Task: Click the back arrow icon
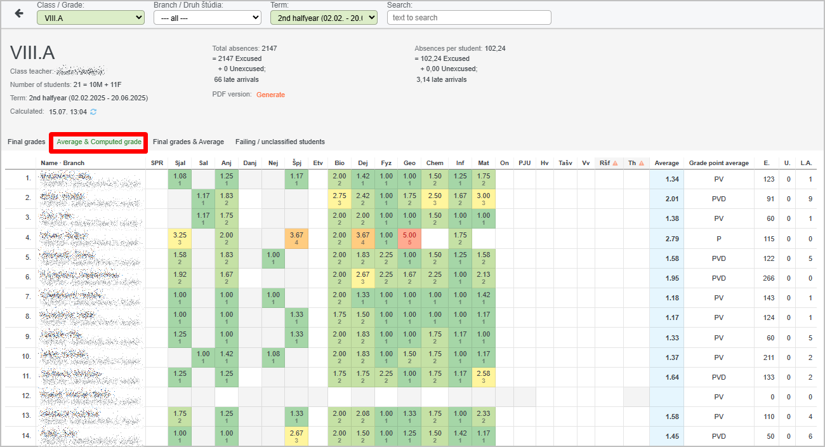19,13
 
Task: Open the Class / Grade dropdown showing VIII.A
91,18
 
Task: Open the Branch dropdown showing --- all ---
208,18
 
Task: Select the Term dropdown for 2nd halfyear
324,18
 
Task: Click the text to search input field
469,18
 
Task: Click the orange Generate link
270,95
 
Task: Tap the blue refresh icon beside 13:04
93,112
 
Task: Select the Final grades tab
27,142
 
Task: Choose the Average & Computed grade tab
99,142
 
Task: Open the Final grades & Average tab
188,142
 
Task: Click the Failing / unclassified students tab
280,142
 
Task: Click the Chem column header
435,163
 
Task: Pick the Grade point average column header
718,163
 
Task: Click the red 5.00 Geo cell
409,238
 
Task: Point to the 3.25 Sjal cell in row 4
180,238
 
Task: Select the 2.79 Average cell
667,239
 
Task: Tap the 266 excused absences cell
769,278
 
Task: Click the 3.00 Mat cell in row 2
484,199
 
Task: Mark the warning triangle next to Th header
641,163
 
